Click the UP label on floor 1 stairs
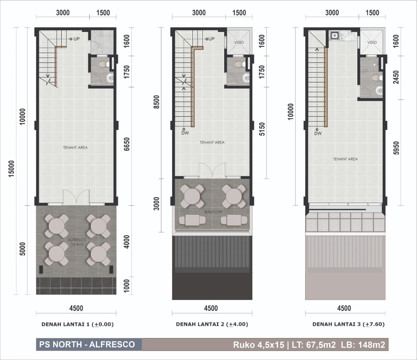(76, 39)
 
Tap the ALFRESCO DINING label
(77, 242)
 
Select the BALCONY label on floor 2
(214, 212)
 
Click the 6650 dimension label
(127, 144)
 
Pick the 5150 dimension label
(262, 129)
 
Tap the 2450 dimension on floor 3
(396, 77)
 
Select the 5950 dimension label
(396, 148)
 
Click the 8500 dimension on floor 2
(156, 102)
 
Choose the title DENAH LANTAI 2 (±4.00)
(212, 324)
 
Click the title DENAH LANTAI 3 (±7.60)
(349, 324)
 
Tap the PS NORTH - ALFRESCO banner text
(87, 344)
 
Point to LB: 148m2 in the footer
(363, 345)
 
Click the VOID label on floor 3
(372, 42)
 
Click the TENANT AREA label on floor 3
(345, 159)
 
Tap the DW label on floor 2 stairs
(185, 133)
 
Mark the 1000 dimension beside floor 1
(126, 286)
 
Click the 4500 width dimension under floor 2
(211, 308)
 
